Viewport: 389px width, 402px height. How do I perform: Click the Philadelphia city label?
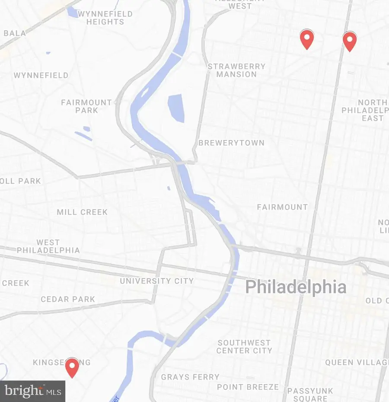click(296, 287)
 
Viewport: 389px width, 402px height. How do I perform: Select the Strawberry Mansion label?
click(236, 70)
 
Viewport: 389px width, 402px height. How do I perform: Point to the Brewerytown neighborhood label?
click(231, 143)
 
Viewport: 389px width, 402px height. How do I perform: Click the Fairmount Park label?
click(86, 106)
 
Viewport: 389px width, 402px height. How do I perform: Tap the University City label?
click(156, 281)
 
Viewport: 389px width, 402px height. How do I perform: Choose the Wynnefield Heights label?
click(105, 18)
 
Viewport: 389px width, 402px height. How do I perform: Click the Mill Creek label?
click(82, 212)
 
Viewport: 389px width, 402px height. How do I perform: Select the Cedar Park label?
click(68, 300)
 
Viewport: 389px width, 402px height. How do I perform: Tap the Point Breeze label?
click(248, 387)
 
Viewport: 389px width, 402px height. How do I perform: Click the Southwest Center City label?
click(244, 347)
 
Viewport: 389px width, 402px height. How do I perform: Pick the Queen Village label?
click(357, 362)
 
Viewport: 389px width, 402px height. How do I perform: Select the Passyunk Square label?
click(310, 395)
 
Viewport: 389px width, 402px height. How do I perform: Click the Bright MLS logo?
click(32, 391)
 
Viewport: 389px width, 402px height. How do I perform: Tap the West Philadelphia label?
click(48, 246)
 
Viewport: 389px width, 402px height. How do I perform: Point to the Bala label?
click(15, 33)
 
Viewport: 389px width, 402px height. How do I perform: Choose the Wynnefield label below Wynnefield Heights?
click(41, 76)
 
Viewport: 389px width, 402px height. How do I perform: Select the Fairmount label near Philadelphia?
click(282, 207)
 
